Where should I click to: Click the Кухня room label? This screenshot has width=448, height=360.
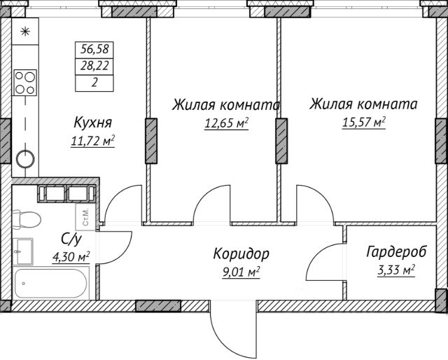(93, 123)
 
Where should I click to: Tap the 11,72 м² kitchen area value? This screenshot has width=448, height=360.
(93, 140)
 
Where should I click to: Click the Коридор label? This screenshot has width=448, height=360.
(241, 253)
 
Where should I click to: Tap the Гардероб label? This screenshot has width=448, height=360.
(397, 252)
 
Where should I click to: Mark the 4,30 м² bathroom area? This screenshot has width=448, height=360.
(71, 256)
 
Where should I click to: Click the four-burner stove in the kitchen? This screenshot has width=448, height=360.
(26, 82)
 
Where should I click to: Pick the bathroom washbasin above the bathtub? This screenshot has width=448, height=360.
(23, 249)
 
